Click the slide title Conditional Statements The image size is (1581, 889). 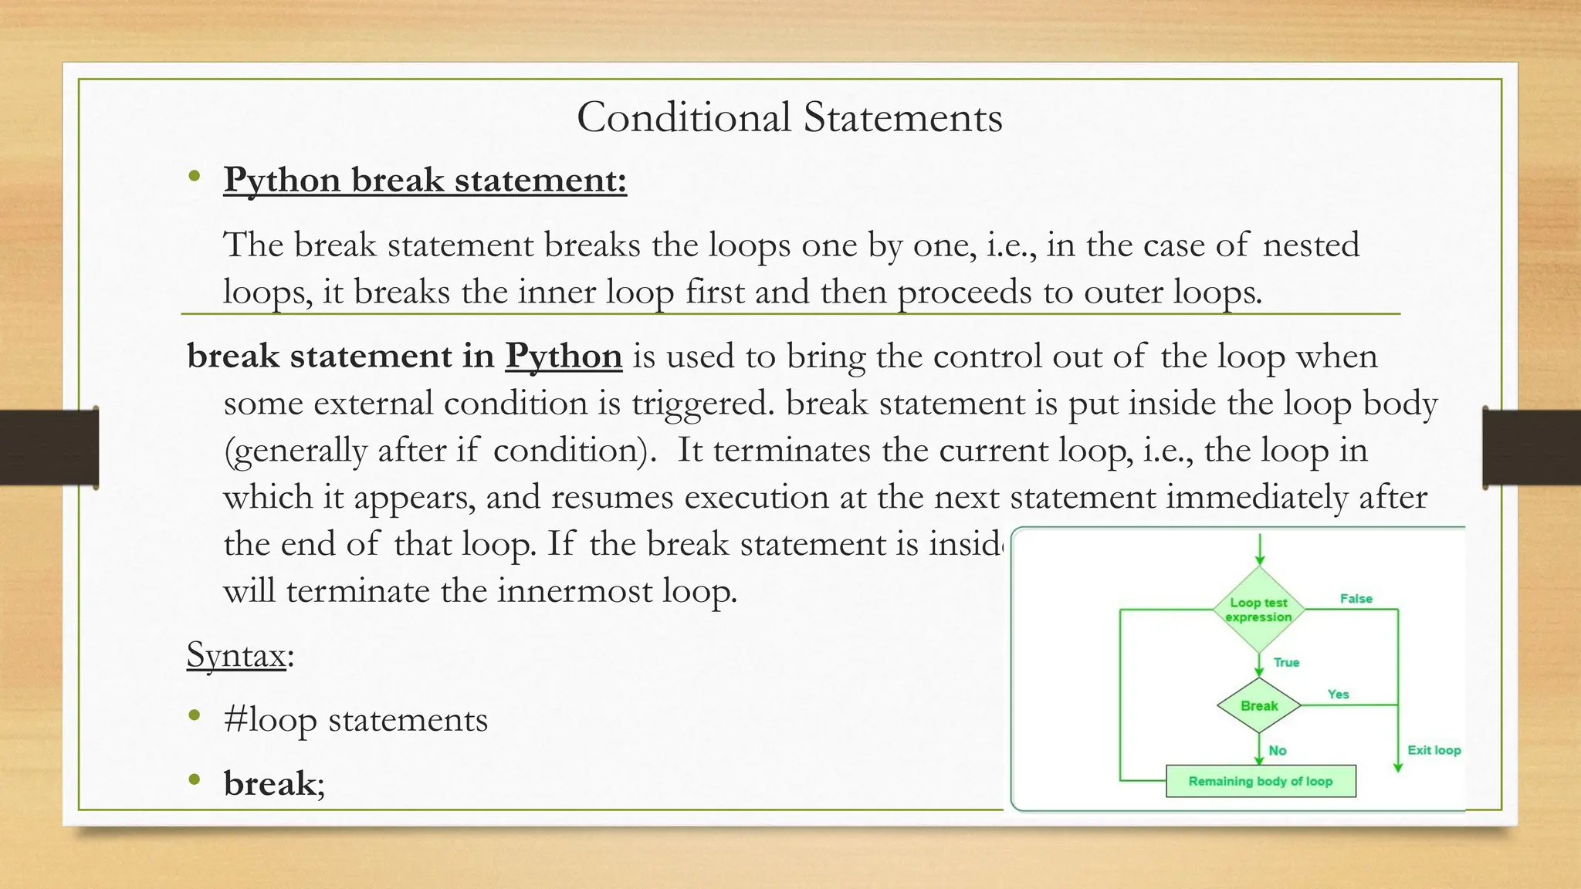tap(789, 117)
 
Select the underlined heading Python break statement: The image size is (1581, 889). tap(425, 180)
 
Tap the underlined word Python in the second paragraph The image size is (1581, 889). tap(564, 356)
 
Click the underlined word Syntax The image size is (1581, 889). tap(236, 655)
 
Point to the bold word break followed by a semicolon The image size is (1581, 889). tap(269, 783)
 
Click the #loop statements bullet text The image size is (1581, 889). tap(355, 719)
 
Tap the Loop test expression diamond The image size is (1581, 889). tap(1258, 610)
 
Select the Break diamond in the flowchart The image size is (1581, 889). tap(1259, 705)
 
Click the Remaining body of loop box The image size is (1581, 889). tap(1260, 781)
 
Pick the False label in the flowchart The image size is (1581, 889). tap(1356, 599)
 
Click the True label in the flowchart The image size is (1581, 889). tap(1286, 662)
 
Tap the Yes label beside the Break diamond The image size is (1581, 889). tap(1338, 695)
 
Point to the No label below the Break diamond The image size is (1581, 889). tap(1278, 750)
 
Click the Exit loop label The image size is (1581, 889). tap(1434, 750)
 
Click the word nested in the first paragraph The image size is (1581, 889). tap(1311, 245)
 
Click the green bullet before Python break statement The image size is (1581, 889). tap(195, 177)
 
